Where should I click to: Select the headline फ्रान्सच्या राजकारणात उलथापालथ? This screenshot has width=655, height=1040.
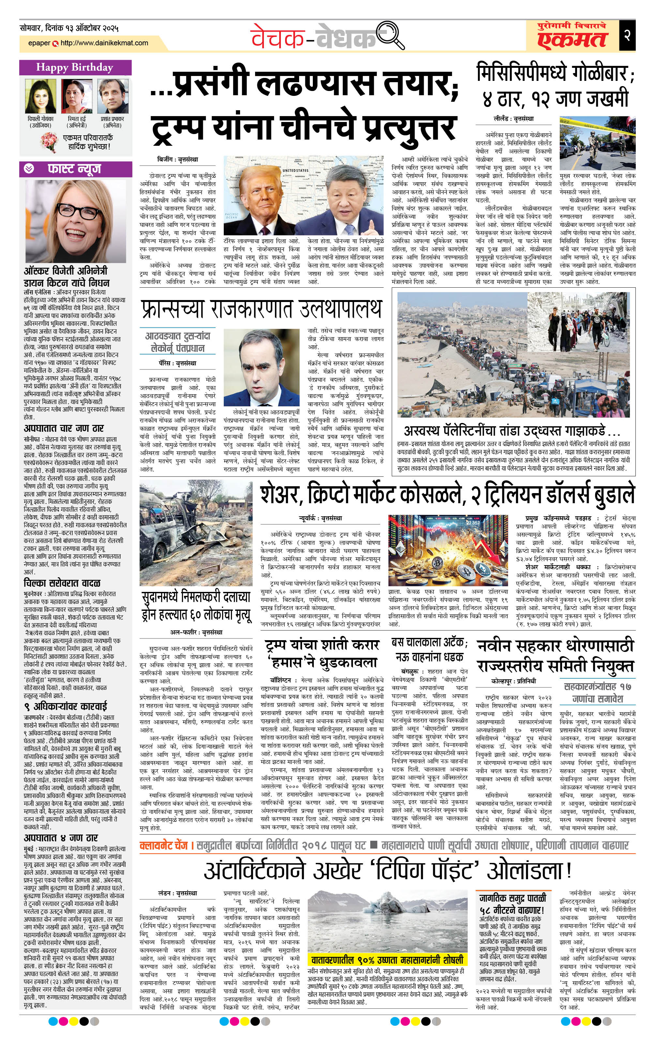261,309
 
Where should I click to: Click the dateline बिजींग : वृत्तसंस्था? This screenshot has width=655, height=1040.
177,159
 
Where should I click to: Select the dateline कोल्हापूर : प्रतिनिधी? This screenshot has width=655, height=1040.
514,681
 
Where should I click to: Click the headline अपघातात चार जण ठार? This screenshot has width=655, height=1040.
64,429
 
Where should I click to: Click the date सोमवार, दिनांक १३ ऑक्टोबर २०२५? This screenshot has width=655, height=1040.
69,28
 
